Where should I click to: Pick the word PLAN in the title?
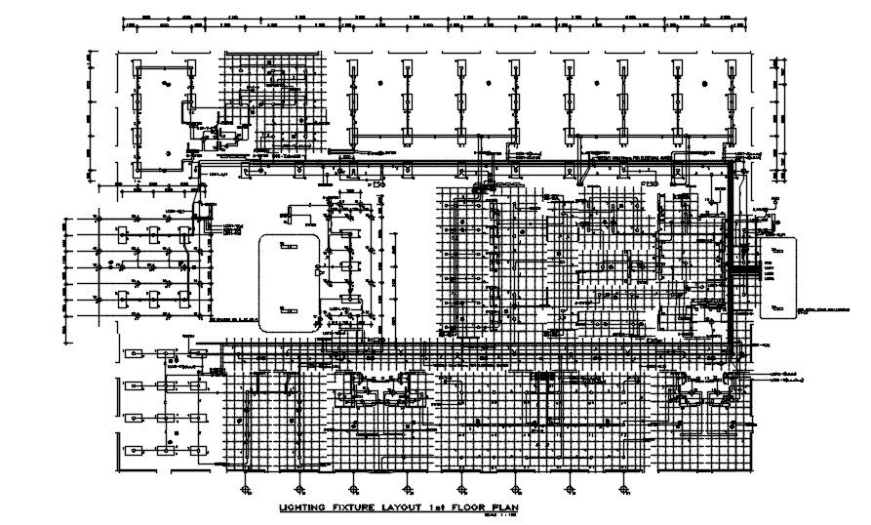pyautogui.click(x=501, y=507)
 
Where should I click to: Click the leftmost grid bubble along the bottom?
pyautogui.click(x=245, y=487)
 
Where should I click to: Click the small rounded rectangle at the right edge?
pyautogui.click(x=778, y=278)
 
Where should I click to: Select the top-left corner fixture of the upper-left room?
pyautogui.click(x=138, y=72)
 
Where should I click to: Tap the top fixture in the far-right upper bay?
pyautogui.click(x=729, y=69)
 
